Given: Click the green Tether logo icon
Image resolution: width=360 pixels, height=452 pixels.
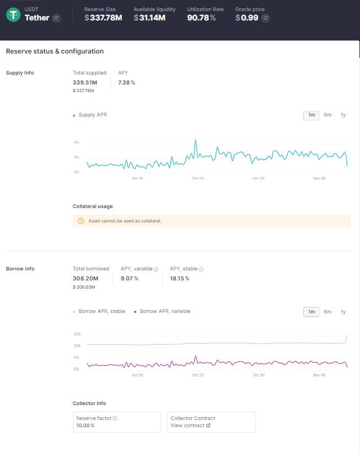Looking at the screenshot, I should click(13, 15).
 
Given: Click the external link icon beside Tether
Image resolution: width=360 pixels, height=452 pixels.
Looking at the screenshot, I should click(56, 18).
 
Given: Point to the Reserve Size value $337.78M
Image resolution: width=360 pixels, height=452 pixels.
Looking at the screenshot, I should click(103, 18).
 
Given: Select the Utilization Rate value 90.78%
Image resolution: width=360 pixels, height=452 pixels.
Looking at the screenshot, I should click(201, 18).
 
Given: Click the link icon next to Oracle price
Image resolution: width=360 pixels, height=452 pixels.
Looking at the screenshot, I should click(265, 18).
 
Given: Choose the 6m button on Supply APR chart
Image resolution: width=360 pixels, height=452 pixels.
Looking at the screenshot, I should click(327, 115).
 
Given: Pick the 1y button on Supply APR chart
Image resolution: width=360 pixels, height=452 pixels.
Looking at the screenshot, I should click(343, 115).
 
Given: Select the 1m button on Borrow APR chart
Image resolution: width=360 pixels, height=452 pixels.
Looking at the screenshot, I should click(311, 312).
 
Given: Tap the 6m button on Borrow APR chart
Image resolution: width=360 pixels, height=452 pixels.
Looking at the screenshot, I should click(327, 312).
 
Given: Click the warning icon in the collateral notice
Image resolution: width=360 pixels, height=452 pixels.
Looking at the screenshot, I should click(81, 221).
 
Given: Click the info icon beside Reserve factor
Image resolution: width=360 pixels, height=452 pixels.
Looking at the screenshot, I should click(115, 418).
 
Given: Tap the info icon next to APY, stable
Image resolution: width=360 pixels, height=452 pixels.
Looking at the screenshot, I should click(201, 269).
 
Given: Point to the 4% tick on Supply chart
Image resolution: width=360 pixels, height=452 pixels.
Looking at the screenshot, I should click(77, 142).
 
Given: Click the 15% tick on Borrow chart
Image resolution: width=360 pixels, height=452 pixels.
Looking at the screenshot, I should click(77, 334).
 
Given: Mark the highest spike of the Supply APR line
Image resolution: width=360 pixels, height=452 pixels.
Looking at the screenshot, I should click(196, 140).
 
